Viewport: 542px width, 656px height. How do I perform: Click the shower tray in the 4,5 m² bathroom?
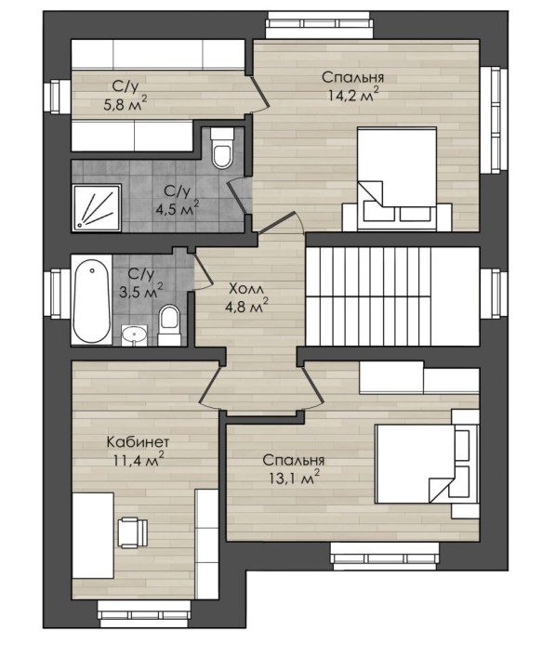(x=97, y=208)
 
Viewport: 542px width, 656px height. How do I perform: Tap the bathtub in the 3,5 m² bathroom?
(x=92, y=301)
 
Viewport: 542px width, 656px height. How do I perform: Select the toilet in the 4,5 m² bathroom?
(x=222, y=148)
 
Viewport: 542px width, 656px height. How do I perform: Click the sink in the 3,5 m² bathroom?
(x=134, y=335)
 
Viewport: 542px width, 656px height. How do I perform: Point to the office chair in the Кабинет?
(x=133, y=531)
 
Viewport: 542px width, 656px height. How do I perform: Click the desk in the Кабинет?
(x=93, y=535)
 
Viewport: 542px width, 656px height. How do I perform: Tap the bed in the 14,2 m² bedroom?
(x=397, y=179)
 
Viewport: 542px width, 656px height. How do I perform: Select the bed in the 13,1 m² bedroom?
(x=427, y=464)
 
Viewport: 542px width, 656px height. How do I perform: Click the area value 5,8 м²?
(x=126, y=103)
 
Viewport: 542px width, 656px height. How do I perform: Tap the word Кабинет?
(x=139, y=441)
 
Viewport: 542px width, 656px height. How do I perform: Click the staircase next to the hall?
(x=392, y=296)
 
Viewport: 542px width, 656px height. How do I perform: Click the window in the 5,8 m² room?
(x=58, y=97)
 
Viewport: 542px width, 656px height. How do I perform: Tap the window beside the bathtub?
(x=58, y=295)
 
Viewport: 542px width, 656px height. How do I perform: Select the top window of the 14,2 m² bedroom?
(x=319, y=25)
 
